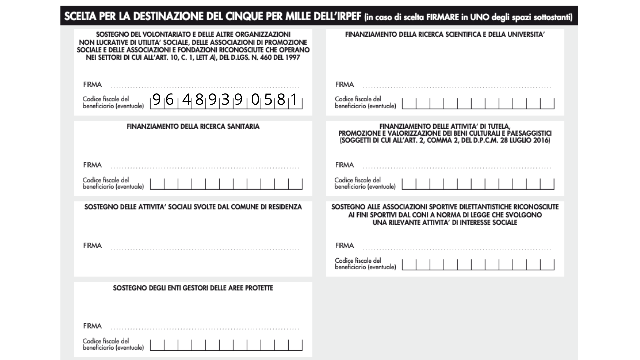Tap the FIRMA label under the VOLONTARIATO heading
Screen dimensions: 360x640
click(x=92, y=85)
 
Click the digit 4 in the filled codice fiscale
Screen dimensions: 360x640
click(x=186, y=99)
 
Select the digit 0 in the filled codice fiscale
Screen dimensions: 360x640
click(x=255, y=99)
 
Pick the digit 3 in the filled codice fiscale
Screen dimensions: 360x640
click(x=225, y=99)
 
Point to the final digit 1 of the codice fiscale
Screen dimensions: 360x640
click(x=294, y=99)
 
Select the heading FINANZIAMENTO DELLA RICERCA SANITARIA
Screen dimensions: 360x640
click(x=193, y=127)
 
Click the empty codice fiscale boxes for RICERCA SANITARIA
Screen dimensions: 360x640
click(x=226, y=184)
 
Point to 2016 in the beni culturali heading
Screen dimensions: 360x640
click(x=541, y=140)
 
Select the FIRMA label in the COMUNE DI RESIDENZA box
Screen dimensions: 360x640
click(x=92, y=246)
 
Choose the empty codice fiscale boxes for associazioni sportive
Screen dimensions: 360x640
click(x=478, y=265)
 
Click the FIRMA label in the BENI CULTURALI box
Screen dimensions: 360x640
click(x=344, y=165)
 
